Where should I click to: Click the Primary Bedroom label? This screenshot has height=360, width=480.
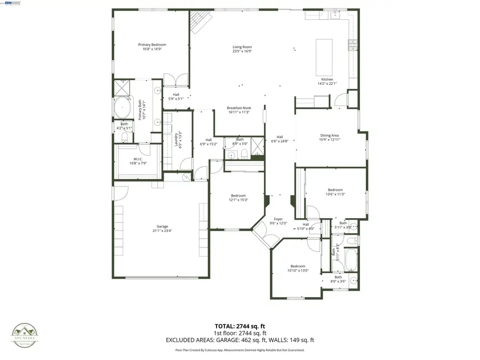point(152,45)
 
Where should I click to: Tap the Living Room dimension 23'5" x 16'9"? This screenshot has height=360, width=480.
point(242,52)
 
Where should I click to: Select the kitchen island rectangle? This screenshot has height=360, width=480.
point(323,57)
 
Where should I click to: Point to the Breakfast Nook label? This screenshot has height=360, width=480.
point(239,108)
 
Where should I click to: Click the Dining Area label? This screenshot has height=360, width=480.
point(329,135)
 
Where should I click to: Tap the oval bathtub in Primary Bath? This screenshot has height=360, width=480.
point(123,107)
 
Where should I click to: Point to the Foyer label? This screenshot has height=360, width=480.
point(278,219)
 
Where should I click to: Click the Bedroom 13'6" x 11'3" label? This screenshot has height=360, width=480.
point(335,190)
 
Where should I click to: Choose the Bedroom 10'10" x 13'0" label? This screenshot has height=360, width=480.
point(298,266)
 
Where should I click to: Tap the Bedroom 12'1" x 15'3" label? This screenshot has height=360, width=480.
point(238,196)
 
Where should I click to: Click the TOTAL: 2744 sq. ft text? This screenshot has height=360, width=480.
point(240,326)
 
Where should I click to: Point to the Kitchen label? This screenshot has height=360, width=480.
point(326,79)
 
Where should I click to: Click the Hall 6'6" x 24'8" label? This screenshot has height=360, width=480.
point(279,137)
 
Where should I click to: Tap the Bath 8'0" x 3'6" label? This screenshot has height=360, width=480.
point(338,277)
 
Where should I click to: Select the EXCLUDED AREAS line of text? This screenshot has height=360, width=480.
point(240,340)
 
